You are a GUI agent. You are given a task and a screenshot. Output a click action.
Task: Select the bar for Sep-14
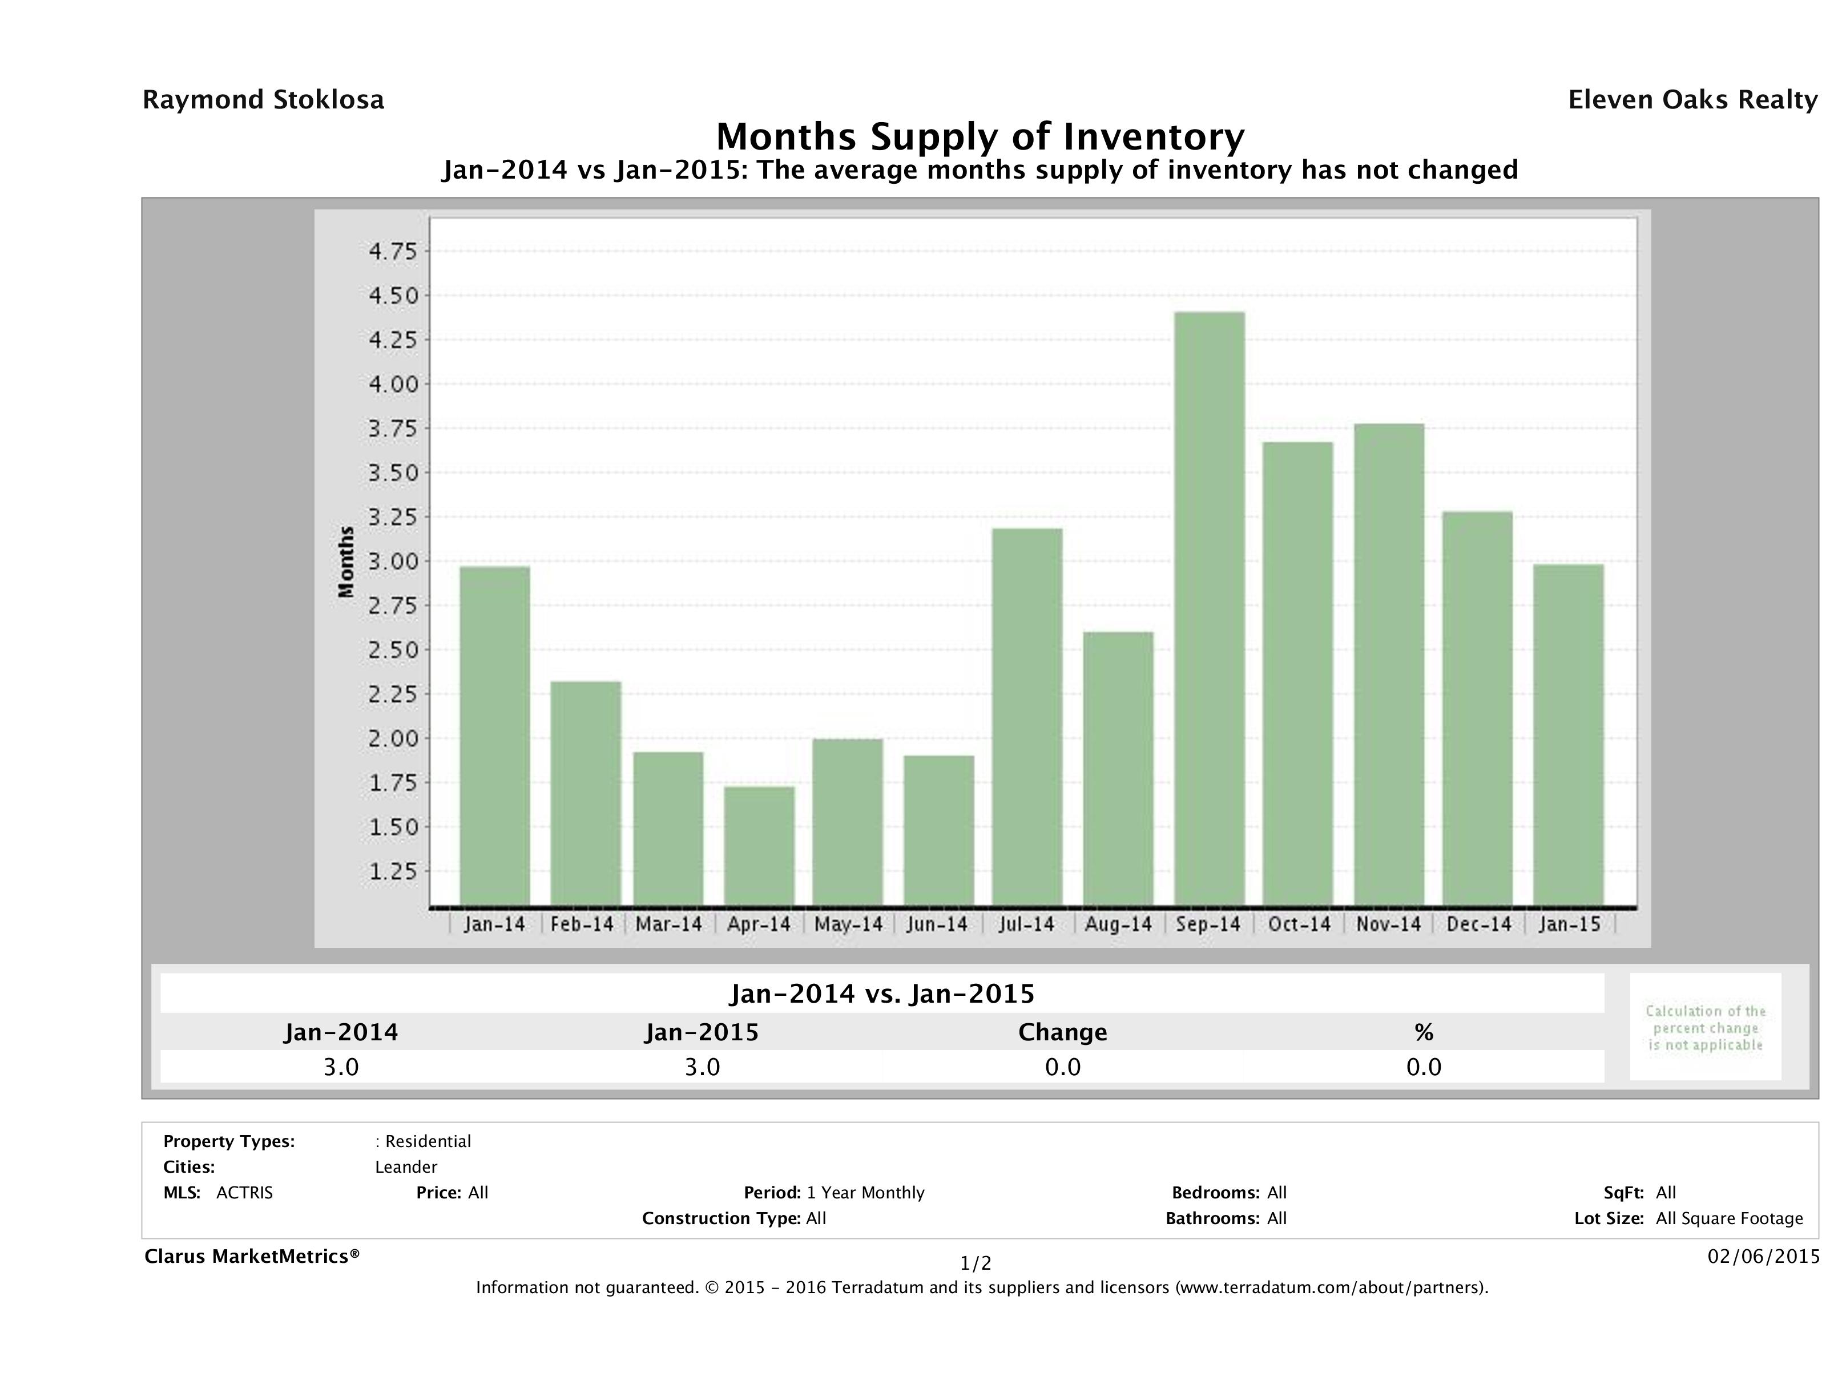(1209, 608)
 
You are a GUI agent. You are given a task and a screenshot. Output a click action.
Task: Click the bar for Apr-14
(759, 846)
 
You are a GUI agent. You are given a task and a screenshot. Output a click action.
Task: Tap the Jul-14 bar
(1027, 717)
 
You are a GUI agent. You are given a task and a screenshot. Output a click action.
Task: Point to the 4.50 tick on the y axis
(393, 296)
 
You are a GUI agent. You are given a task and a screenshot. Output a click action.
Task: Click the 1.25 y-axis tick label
(393, 871)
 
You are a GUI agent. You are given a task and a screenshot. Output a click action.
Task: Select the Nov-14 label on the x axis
(1388, 924)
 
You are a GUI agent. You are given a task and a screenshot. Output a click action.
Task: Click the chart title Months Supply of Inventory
(980, 136)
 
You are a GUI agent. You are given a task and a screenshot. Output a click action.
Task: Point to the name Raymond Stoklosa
(263, 100)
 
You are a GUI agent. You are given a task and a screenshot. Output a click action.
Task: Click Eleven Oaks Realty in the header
(1692, 100)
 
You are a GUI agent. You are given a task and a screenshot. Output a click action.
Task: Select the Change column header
(1063, 1032)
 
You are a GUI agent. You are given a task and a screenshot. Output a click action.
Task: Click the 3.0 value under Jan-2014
(341, 1067)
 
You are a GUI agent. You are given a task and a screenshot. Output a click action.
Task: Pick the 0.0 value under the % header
(1423, 1067)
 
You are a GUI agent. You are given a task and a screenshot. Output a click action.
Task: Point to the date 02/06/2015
(1763, 1256)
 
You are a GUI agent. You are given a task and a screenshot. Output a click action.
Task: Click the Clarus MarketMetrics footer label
(252, 1256)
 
